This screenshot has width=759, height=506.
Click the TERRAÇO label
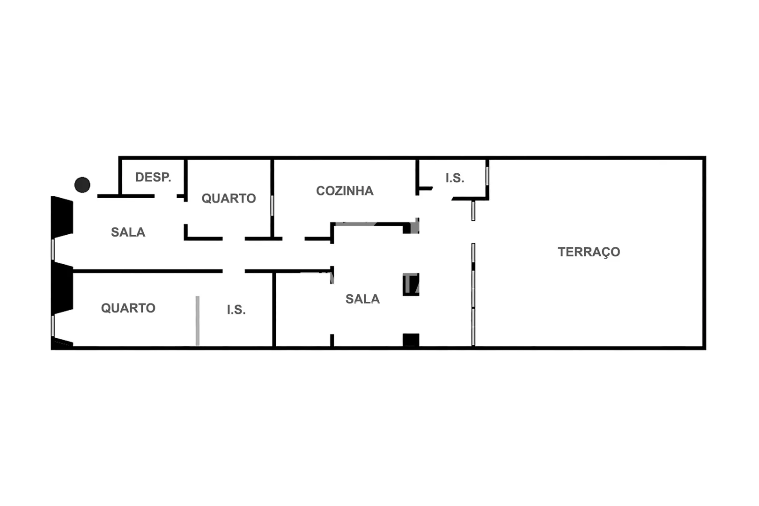pyautogui.click(x=589, y=252)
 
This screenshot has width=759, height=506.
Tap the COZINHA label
pyautogui.click(x=345, y=191)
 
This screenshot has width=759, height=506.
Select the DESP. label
pyautogui.click(x=153, y=177)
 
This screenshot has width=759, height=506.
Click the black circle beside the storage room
pyautogui.click(x=82, y=185)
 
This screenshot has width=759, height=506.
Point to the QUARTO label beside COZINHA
pyautogui.click(x=228, y=198)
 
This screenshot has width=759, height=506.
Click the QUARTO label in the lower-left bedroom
pyautogui.click(x=128, y=308)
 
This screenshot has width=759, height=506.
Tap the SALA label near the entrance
pyautogui.click(x=128, y=232)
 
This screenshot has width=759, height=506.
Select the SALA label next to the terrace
pyautogui.click(x=362, y=299)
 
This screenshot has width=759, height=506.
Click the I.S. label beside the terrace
pyautogui.click(x=455, y=178)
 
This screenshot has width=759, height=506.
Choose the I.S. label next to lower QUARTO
pyautogui.click(x=236, y=310)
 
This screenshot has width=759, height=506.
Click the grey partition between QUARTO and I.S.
pyautogui.click(x=198, y=321)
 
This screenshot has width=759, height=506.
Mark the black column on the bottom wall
pyautogui.click(x=411, y=340)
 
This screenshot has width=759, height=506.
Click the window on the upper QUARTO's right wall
pyautogui.click(x=272, y=206)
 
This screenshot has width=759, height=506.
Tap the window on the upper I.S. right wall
pyautogui.click(x=487, y=176)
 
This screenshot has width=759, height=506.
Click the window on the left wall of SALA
pyautogui.click(x=53, y=249)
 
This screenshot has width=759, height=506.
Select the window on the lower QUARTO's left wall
pyautogui.click(x=53, y=326)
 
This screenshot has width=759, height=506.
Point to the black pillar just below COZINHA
pyautogui.click(x=411, y=228)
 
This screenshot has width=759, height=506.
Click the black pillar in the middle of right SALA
pyautogui.click(x=411, y=284)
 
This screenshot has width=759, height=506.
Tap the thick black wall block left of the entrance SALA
pyautogui.click(x=62, y=217)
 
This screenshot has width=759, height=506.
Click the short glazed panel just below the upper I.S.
pyautogui.click(x=473, y=211)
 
